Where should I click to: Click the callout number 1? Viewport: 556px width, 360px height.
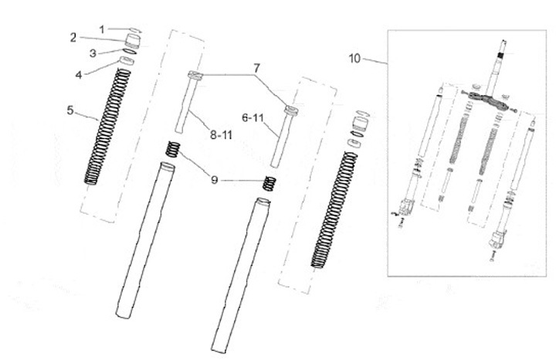[x=101, y=29]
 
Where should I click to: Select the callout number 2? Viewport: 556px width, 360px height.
[x=73, y=36]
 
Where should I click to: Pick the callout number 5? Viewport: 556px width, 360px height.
[x=69, y=110]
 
